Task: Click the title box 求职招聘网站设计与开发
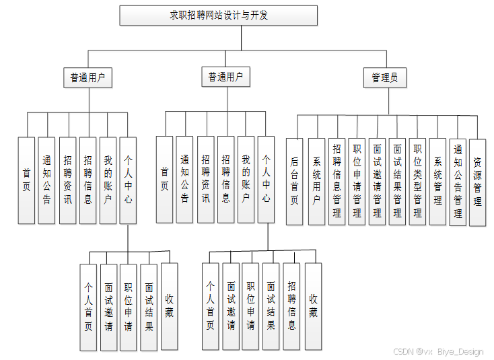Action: point(218,15)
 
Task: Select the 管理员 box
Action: point(384,78)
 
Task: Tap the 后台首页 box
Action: point(294,181)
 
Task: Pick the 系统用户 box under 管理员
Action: point(316,181)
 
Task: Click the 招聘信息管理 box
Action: point(337,181)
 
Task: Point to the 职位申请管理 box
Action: point(357,181)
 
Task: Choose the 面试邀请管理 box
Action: point(377,181)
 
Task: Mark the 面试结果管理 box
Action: point(397,181)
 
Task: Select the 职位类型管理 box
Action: point(417,181)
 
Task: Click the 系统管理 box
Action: point(437,181)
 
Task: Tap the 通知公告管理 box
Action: point(458,182)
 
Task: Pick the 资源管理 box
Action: point(477,182)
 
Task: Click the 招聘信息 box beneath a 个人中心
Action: point(291,306)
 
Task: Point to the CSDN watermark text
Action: point(403,351)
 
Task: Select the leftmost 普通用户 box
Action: point(87,78)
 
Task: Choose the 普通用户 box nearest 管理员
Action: point(225,78)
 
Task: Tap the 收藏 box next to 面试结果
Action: point(170,306)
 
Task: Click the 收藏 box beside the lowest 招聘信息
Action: point(313,306)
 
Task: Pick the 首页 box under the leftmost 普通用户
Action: point(26,180)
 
